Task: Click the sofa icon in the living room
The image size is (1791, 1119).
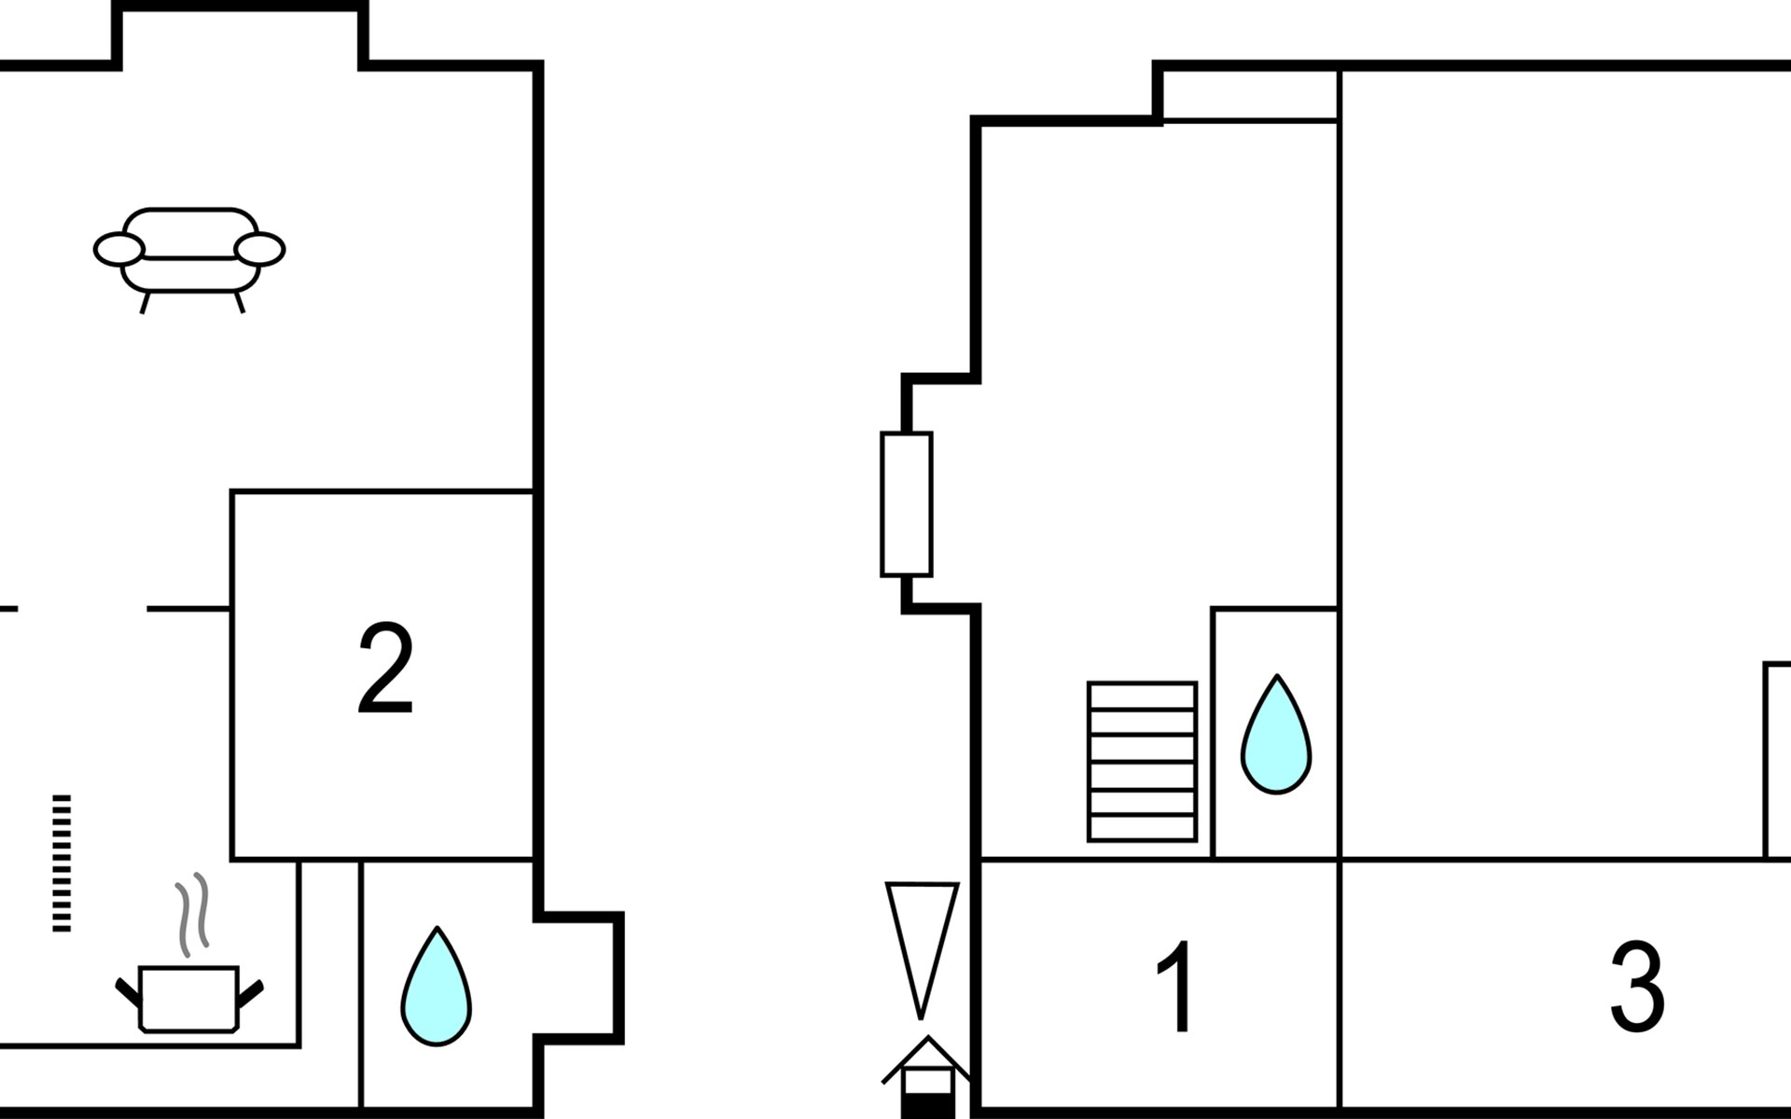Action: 189,258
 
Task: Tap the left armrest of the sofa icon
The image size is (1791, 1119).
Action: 119,249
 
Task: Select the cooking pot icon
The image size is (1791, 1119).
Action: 189,999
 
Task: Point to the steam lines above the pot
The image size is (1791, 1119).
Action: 192,915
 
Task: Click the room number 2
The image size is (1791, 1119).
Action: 385,670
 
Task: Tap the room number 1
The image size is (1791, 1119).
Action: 1176,986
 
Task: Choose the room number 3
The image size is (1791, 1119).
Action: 1637,987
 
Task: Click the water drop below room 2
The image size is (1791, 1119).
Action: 436,986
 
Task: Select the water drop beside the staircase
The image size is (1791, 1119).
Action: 1276,735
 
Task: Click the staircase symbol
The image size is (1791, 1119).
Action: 1142,762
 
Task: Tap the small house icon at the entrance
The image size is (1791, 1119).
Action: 927,1077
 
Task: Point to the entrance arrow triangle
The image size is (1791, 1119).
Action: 922,949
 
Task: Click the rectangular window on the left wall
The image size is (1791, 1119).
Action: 907,504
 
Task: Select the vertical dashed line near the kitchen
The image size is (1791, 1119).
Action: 62,863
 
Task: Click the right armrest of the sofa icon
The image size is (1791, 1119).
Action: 259,249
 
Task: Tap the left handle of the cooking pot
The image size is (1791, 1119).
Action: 128,992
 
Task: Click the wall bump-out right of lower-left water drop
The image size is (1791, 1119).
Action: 579,977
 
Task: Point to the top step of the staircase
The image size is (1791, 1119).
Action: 1142,696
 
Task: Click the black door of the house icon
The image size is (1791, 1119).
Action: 926,1107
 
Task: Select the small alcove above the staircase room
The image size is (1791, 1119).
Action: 1251,94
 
